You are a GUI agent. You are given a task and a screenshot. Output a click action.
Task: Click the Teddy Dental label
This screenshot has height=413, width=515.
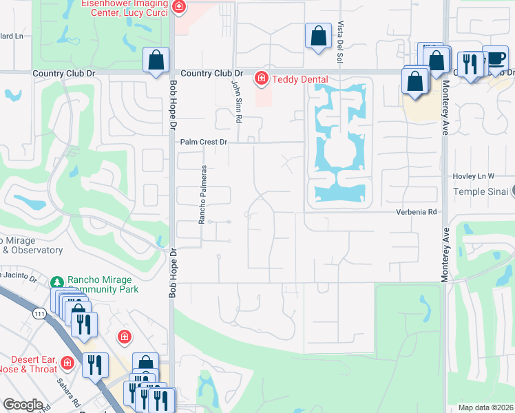[x=299, y=79]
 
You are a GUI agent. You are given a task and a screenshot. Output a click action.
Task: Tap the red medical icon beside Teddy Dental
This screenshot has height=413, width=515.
[x=261, y=79]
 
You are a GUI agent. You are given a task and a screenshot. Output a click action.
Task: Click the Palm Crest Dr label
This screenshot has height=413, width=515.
[x=204, y=142]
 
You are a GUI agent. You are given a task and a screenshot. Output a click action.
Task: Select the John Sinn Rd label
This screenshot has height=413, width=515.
[x=237, y=101]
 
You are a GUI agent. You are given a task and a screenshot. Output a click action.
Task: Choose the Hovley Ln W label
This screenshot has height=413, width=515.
[x=474, y=176]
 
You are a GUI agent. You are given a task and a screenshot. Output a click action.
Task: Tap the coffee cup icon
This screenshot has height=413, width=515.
[x=495, y=59]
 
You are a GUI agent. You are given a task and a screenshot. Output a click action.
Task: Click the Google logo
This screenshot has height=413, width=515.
[x=23, y=405]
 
